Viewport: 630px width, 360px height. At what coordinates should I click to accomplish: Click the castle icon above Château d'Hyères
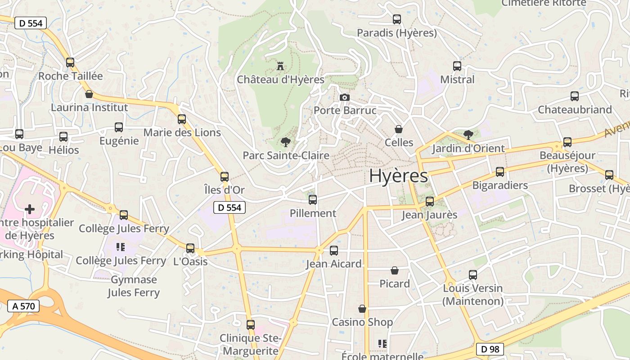coord(280,67)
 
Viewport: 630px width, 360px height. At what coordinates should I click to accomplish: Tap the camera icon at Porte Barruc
coord(344,97)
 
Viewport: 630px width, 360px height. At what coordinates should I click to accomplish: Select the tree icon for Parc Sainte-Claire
coord(285,142)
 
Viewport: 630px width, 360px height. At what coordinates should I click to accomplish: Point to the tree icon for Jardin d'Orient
coord(468,135)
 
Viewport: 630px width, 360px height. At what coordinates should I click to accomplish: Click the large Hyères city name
coord(398,176)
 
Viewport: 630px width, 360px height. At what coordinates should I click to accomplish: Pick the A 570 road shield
coord(24,306)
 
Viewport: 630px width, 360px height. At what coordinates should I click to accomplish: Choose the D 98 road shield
coord(490,349)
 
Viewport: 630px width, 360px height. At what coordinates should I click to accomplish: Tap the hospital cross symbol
coord(30,209)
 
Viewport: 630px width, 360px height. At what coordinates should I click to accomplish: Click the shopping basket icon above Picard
coord(395,270)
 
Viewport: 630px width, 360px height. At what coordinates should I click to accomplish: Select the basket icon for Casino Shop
coord(362,309)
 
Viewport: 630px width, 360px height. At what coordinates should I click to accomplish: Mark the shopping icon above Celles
coord(399,129)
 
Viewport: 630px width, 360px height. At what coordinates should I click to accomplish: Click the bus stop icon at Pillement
coord(313,199)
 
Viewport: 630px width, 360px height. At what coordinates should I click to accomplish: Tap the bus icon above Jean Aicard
coord(334,251)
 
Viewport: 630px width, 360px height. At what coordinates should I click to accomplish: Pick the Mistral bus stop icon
coord(457,66)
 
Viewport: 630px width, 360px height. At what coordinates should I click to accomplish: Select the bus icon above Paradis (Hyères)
coord(397,19)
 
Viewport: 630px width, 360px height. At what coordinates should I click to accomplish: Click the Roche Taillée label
coord(71,76)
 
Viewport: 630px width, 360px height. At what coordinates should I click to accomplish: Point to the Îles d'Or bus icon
coord(225,177)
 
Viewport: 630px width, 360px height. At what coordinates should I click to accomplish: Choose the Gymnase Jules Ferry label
coord(134,286)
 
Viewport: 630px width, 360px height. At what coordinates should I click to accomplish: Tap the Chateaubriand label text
coord(575,109)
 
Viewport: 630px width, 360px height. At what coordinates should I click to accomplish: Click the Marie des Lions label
coord(182,132)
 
